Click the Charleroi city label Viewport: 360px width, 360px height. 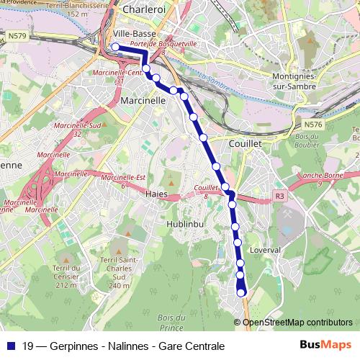[x=145, y=10]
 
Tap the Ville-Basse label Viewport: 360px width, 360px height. [x=135, y=34]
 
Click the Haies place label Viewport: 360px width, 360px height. [x=156, y=194]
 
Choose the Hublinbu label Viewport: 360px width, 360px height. [x=186, y=223]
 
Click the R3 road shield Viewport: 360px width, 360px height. [x=280, y=195]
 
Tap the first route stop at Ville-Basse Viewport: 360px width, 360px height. [x=114, y=48]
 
